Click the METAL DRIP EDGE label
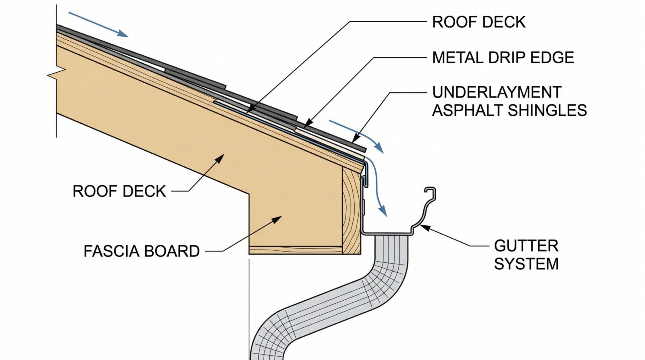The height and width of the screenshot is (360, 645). click(x=503, y=58)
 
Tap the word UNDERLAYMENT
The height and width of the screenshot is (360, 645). click(x=497, y=92)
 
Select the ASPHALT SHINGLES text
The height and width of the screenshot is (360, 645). click(x=510, y=110)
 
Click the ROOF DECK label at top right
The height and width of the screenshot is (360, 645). click(x=479, y=22)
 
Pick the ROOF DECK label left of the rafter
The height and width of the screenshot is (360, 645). click(x=119, y=191)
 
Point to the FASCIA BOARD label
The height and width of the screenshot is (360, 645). click(x=141, y=251)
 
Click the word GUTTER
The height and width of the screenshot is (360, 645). click(x=526, y=246)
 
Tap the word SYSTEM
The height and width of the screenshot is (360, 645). click(x=526, y=264)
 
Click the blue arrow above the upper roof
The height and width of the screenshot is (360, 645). click(x=98, y=25)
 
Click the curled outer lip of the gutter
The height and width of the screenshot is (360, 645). click(x=430, y=192)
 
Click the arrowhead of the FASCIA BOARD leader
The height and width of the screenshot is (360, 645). click(x=277, y=219)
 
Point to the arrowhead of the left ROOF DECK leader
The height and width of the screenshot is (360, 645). click(x=220, y=158)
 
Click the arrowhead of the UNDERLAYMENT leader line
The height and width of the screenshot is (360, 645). click(x=356, y=138)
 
